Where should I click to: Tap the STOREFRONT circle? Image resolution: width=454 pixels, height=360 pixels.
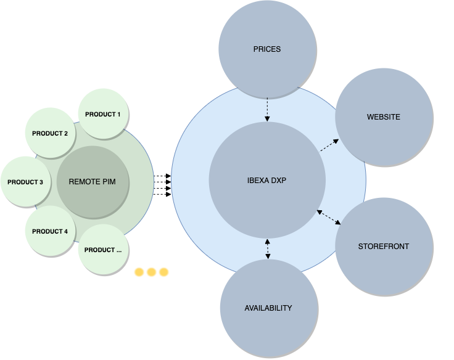383,259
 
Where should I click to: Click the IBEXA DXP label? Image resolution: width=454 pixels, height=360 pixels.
267,181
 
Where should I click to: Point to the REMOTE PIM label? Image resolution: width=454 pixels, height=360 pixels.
92,182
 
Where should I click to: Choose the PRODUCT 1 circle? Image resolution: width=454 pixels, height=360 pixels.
103,114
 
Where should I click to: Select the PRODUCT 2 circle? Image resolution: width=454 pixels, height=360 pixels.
50,133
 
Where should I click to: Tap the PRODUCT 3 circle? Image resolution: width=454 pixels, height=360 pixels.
25,182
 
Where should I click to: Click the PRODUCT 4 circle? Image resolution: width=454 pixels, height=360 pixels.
50,231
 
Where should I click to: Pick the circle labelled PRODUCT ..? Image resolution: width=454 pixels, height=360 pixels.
103,250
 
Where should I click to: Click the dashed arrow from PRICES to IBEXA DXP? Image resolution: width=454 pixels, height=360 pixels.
267,109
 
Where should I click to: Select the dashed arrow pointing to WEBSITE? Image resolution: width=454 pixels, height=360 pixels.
329,145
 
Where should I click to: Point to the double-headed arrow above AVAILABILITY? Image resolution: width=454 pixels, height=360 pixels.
268,248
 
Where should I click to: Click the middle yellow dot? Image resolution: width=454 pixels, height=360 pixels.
152,272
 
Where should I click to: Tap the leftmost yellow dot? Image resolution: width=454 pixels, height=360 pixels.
139,272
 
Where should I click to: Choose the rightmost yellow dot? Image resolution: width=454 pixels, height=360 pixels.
163,272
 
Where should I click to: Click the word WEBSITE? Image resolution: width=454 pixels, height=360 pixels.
383,117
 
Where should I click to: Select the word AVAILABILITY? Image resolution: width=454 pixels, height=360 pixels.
268,308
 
